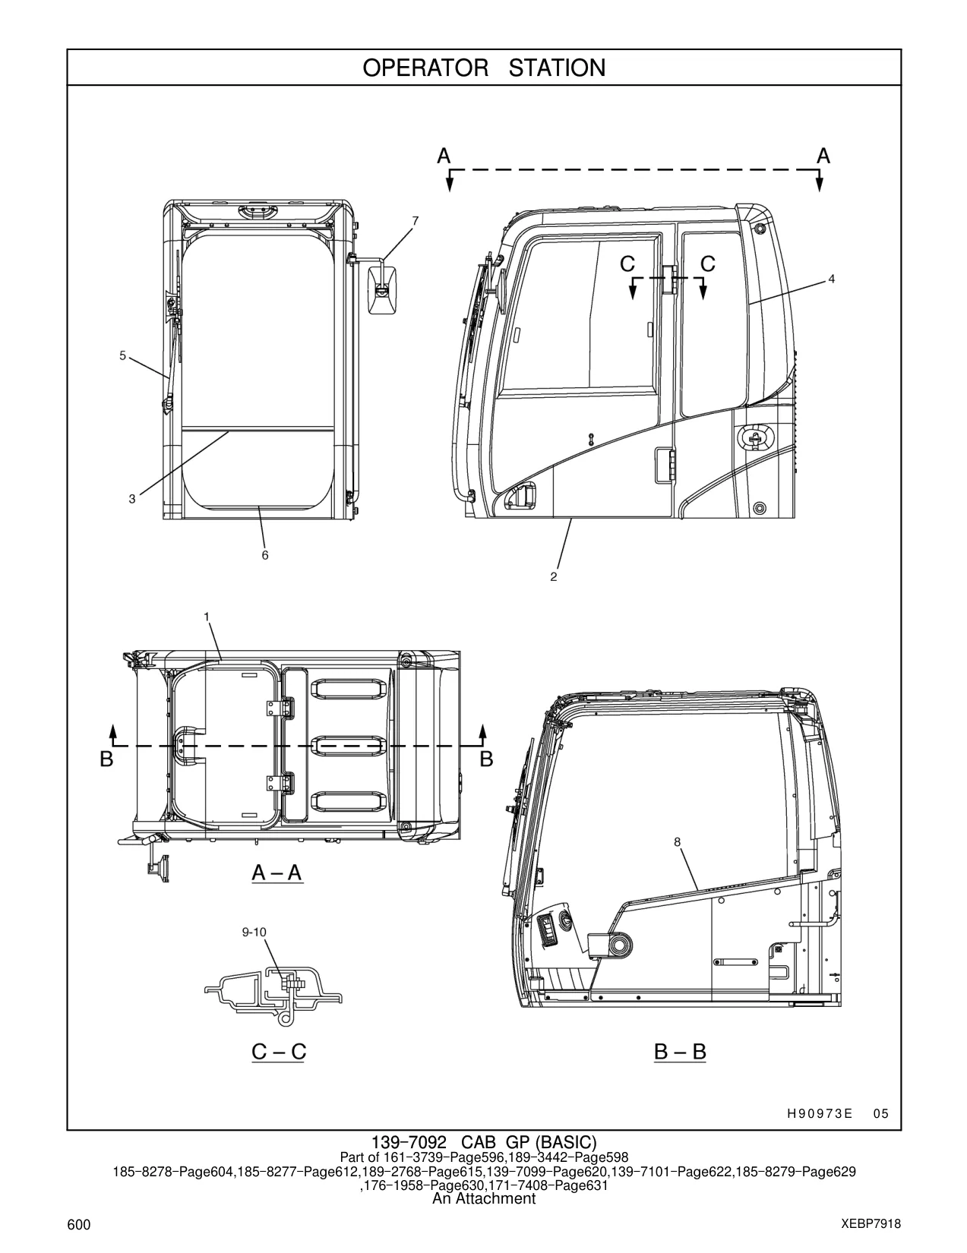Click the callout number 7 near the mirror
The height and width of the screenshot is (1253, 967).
point(416,221)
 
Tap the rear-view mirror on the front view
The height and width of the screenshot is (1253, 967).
point(382,290)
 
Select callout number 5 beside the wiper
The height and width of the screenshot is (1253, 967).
point(122,355)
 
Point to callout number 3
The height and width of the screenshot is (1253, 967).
point(132,499)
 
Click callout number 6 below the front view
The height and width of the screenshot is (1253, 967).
point(265,555)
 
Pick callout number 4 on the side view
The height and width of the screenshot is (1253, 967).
point(832,279)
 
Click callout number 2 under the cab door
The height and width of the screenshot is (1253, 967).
point(554,576)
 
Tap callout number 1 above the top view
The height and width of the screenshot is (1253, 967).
point(207,617)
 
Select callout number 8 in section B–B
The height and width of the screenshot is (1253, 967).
point(678,842)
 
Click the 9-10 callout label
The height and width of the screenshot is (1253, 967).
point(254,933)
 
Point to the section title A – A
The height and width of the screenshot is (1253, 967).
point(277,873)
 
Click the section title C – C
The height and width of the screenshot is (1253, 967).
point(279,1052)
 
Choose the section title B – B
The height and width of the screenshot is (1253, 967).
point(680,1052)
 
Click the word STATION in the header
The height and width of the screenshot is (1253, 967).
point(557,68)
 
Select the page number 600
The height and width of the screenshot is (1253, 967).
point(79,1225)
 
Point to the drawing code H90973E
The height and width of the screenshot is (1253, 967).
point(820,1114)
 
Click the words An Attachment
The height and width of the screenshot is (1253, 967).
point(484,1199)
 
